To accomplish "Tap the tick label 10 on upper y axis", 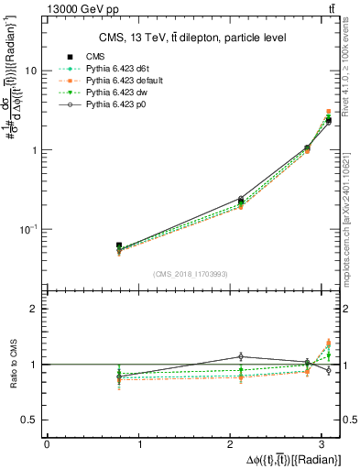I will tap(31, 71).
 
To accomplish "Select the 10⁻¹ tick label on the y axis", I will tap(28, 228).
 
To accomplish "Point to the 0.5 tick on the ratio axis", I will tap(31, 420).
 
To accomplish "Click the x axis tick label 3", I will tap(327, 445).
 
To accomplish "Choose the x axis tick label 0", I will tap(47, 445).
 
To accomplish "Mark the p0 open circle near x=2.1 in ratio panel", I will tap(241, 356).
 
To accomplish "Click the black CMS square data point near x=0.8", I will tap(119, 245).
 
